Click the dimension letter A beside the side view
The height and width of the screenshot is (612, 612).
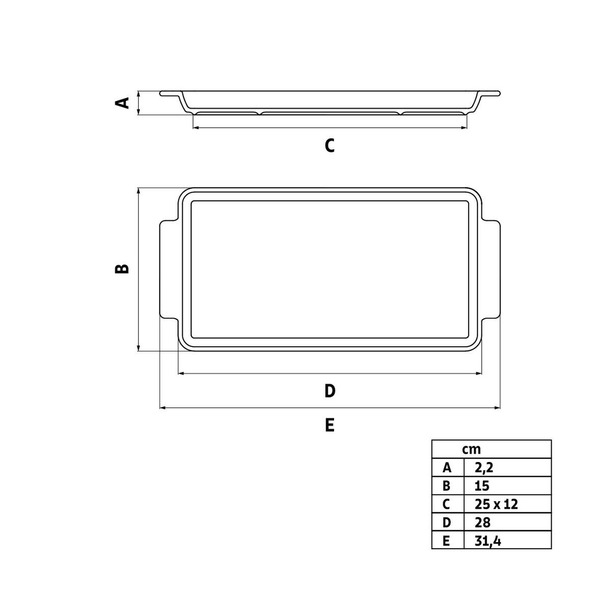[x=122, y=103]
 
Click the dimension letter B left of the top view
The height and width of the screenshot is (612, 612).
[x=122, y=268]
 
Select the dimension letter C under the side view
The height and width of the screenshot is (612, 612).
[x=329, y=145]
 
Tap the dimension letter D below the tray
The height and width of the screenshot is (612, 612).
[x=329, y=391]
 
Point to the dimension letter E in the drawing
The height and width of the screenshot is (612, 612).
[x=329, y=425]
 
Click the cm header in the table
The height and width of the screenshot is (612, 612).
[x=471, y=449]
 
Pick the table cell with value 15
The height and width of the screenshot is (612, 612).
[x=481, y=486]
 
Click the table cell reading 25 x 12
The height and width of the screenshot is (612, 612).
[x=496, y=504]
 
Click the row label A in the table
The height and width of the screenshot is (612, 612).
[x=447, y=467]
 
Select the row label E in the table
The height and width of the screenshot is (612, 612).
[x=447, y=540]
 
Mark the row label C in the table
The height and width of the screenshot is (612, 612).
[x=447, y=504]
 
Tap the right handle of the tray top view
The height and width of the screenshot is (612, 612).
[x=491, y=269]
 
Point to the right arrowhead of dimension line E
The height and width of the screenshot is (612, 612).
[x=497, y=408]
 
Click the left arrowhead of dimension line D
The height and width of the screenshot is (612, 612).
[x=182, y=374]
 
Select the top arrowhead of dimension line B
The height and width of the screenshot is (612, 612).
[x=139, y=191]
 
